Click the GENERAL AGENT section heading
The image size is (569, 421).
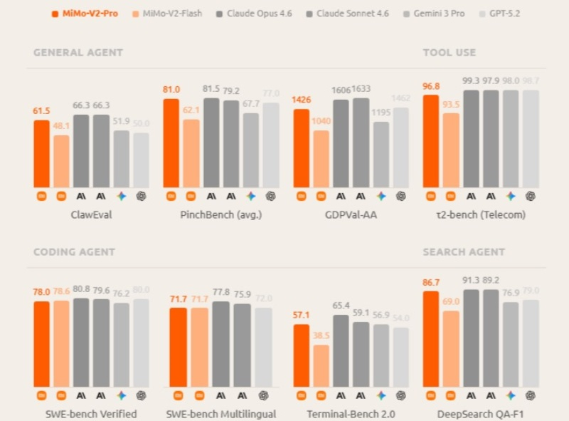(78, 53)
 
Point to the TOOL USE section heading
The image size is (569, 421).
(449, 53)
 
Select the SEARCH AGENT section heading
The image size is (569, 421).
(464, 252)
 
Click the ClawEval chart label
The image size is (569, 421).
(91, 214)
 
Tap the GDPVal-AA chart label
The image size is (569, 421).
(351, 214)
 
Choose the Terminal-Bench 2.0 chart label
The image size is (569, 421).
(351, 414)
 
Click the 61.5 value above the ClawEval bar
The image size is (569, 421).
(42, 111)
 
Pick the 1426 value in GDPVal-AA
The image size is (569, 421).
(302, 100)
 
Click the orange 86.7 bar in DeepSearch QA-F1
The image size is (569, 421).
(431, 339)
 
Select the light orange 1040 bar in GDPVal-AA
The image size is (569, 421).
(321, 159)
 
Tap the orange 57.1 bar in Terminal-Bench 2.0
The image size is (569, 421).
(302, 355)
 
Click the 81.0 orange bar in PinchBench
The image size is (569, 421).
(171, 143)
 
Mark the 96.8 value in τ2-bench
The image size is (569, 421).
(431, 86)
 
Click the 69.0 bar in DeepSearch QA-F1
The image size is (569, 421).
(451, 349)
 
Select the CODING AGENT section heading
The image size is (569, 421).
(74, 252)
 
